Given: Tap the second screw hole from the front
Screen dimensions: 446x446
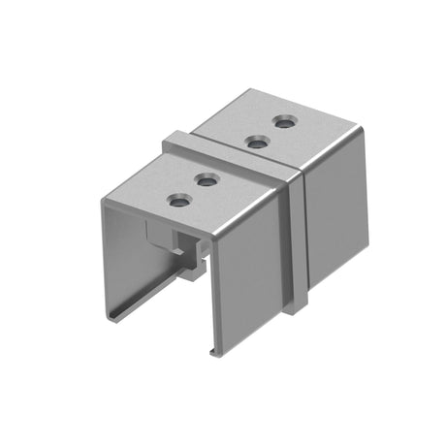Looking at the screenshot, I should tap(207, 179).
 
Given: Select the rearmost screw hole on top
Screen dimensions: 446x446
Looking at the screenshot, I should tap(284, 122).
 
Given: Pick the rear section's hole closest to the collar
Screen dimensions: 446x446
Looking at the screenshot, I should tap(257, 143).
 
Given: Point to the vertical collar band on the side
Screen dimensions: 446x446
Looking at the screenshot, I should tap(299, 242).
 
